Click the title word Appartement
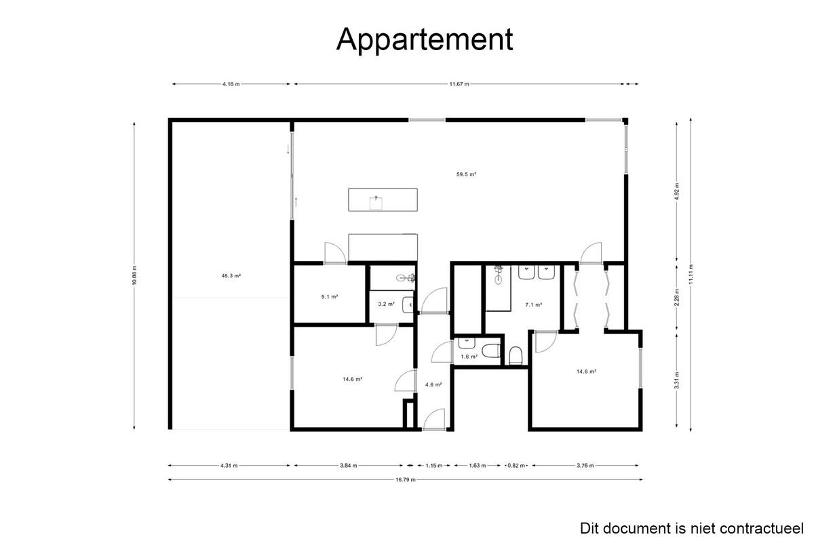click(x=425, y=39)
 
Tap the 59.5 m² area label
click(x=466, y=174)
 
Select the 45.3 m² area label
click(x=231, y=276)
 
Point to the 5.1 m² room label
click(x=330, y=297)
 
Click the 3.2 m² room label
click(x=386, y=304)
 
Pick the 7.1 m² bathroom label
click(x=534, y=305)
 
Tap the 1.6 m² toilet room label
click(x=469, y=357)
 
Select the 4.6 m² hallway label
click(x=433, y=384)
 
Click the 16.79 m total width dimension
click(x=406, y=480)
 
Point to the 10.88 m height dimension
click(x=134, y=275)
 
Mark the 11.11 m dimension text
click(x=691, y=275)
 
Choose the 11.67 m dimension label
click(x=459, y=84)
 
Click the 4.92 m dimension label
click(x=677, y=191)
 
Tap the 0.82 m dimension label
click(x=516, y=466)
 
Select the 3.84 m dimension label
click(x=348, y=466)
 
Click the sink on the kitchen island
click(x=376, y=203)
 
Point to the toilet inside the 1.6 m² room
click(x=491, y=351)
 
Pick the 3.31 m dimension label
click(x=677, y=380)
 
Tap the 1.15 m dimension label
click(x=434, y=466)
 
